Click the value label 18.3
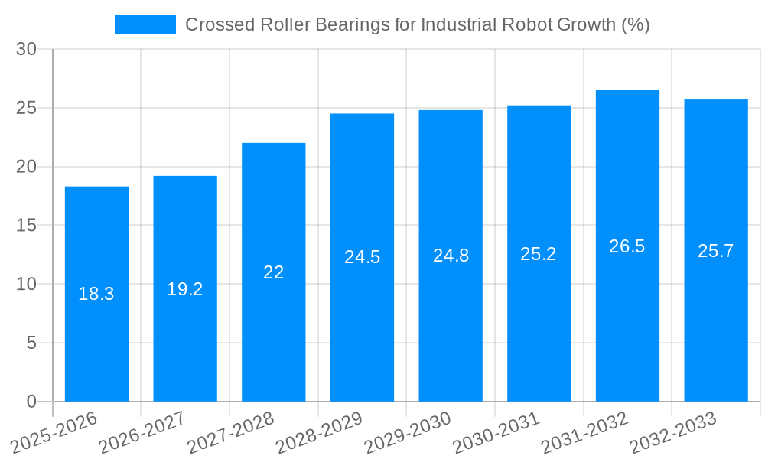96,294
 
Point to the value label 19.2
185,289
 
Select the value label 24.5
362,257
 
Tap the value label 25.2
539,254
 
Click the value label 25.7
715,251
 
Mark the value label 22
273,272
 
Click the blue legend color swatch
145,24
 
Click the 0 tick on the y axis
31,402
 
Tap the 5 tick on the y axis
31,343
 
